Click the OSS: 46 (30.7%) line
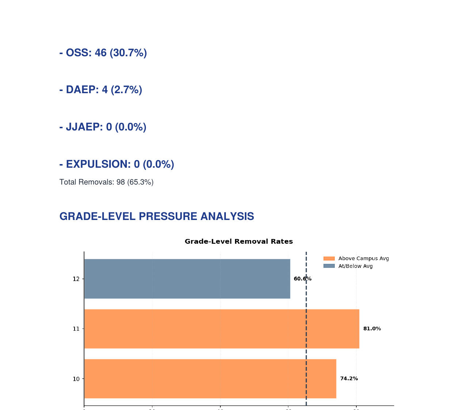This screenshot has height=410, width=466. click(x=103, y=53)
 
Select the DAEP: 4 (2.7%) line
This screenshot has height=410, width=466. click(x=101, y=90)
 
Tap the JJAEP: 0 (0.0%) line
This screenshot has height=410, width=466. click(x=103, y=127)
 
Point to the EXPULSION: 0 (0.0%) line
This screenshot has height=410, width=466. click(x=117, y=164)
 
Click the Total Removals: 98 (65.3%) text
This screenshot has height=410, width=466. click(x=106, y=182)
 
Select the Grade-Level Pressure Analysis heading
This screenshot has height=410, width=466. click(x=156, y=216)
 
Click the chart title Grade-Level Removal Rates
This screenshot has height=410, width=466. click(x=239, y=242)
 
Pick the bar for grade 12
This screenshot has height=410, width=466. click(x=187, y=279)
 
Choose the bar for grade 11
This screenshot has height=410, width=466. click(x=221, y=329)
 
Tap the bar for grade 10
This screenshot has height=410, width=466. click(x=210, y=379)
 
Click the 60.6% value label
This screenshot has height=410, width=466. click(x=302, y=279)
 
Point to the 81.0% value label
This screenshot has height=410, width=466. click(x=372, y=329)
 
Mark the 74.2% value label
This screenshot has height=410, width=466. click(x=349, y=379)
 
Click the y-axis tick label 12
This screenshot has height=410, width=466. click(x=76, y=279)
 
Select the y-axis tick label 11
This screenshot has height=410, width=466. click(x=76, y=329)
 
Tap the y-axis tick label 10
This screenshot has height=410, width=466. click(x=76, y=379)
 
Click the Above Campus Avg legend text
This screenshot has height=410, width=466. click(x=363, y=259)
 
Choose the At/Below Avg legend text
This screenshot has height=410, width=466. click(x=355, y=266)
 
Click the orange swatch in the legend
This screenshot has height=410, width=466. click(x=329, y=259)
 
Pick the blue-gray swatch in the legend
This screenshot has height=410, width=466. click(x=329, y=266)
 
